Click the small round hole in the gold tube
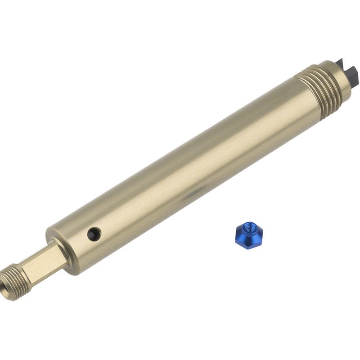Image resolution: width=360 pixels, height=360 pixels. (94, 233)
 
